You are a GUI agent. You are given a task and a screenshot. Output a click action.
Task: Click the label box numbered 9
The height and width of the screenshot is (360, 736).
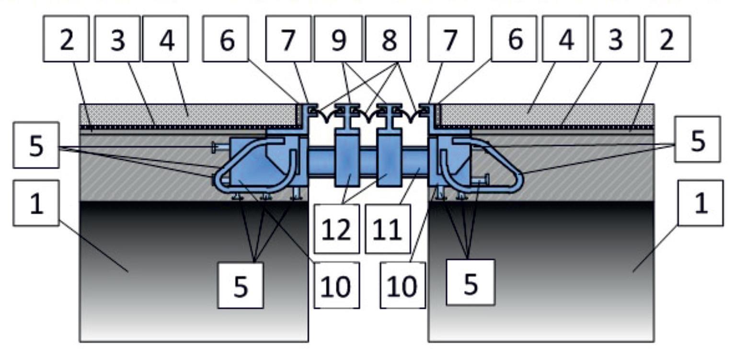tap(338, 38)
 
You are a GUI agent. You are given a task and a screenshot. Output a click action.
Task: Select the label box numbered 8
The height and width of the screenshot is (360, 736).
tap(388, 38)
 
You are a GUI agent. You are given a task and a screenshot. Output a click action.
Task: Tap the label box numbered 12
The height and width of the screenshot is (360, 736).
tap(337, 229)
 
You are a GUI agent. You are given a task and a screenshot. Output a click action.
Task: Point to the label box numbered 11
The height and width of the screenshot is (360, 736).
tap(388, 229)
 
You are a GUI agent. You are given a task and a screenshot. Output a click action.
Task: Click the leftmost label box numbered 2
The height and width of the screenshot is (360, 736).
tap(66, 38)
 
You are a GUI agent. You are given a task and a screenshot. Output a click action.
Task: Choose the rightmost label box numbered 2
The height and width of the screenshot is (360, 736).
tap(667, 38)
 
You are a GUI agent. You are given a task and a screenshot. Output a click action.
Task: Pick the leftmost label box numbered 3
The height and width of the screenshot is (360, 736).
tap(117, 38)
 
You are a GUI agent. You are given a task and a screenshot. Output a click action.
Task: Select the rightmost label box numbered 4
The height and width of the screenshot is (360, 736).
tap(565, 38)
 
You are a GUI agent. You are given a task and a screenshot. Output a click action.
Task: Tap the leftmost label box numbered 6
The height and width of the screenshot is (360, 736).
tap(226, 38)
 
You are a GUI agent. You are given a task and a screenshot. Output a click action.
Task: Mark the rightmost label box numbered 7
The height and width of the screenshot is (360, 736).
tap(451, 38)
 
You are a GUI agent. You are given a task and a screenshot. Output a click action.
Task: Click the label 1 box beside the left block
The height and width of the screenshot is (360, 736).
tap(36, 203)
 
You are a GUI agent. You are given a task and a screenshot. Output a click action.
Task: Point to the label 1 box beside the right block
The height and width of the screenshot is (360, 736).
tap(701, 203)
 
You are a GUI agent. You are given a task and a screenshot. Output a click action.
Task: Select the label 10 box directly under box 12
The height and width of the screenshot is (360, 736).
tap(337, 285)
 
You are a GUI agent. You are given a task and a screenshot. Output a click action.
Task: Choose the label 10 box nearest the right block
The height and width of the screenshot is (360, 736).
tap(402, 285)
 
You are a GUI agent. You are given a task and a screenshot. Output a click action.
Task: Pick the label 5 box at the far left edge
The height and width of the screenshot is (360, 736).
tap(36, 145)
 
